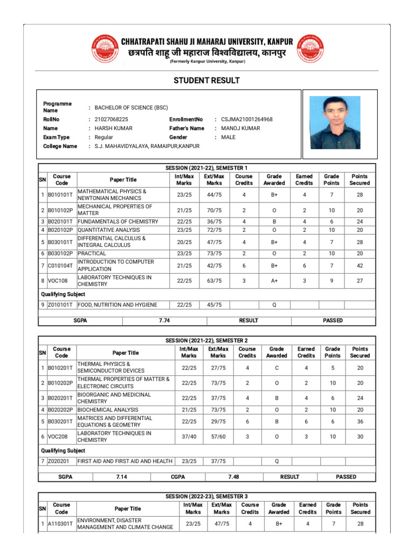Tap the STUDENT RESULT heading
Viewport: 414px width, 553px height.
[x=206, y=80]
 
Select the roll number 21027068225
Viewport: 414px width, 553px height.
[x=112, y=119]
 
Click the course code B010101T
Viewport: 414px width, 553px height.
[x=62, y=195]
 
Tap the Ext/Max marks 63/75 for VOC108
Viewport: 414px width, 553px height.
[x=215, y=281]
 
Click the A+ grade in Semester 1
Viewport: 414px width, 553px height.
[x=274, y=281]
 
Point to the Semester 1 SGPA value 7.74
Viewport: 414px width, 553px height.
[x=164, y=320]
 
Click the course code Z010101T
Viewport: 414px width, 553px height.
[x=62, y=305]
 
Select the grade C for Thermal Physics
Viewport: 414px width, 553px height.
[x=277, y=368]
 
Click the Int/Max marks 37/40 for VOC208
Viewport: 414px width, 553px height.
[x=189, y=436]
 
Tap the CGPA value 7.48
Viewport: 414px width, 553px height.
[x=233, y=477]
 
